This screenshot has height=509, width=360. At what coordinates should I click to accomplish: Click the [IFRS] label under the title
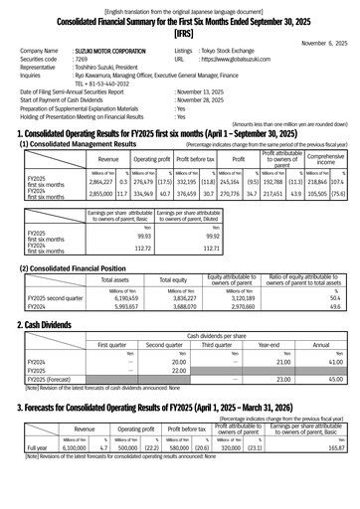179,31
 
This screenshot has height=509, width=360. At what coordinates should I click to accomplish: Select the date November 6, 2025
325,43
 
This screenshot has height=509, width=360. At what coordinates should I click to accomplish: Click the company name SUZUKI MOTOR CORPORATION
115,50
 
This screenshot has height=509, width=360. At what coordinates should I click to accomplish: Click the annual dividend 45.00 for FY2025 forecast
334,379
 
